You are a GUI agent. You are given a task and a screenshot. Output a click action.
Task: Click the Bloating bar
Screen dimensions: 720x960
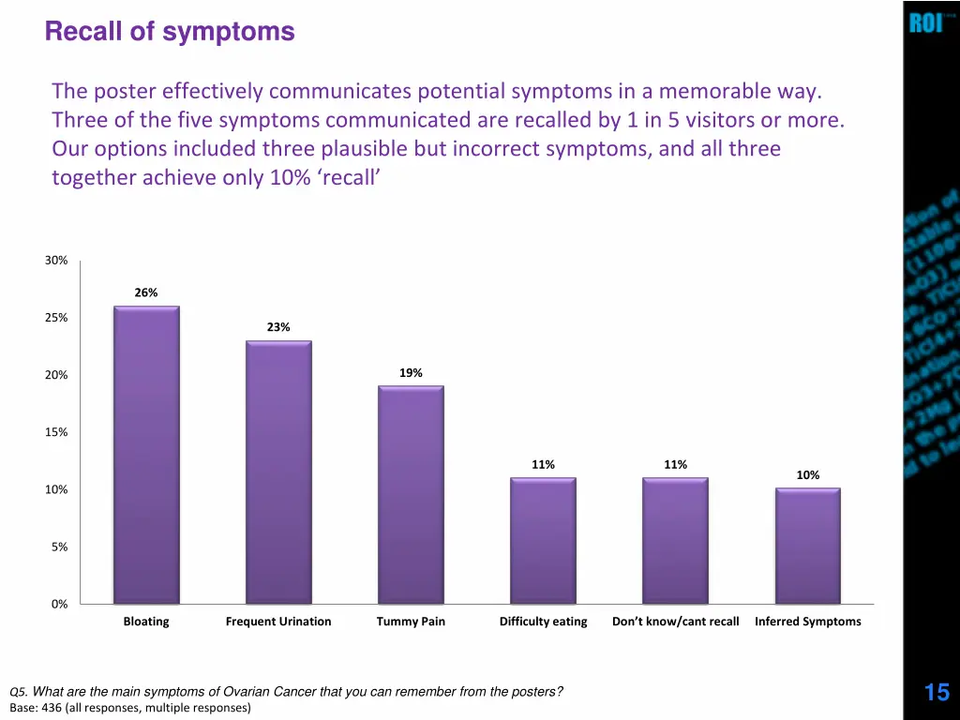tap(146, 455)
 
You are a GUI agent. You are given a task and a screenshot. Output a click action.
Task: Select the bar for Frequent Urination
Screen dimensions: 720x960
tap(278, 472)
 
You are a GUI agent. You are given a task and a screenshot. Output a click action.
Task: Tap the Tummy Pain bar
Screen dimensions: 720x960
tap(411, 494)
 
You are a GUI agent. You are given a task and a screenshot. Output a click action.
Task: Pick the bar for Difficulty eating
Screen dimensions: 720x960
tap(543, 540)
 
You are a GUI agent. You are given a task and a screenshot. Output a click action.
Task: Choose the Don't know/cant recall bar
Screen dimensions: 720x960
tap(675, 540)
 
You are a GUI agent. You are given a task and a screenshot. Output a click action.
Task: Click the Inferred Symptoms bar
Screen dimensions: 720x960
tap(807, 546)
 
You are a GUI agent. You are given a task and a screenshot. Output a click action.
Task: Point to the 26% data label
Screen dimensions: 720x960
tap(146, 292)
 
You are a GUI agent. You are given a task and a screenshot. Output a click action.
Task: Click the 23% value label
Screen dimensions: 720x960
tap(278, 327)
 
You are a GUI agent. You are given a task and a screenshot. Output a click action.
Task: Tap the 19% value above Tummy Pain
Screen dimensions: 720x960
tap(411, 373)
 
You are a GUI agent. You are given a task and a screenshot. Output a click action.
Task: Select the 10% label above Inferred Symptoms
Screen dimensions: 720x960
tap(807, 475)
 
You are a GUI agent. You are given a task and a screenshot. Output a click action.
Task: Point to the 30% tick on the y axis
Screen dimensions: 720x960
tap(56, 261)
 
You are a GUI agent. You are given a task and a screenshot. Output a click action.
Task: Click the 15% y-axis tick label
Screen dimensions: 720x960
tap(56, 432)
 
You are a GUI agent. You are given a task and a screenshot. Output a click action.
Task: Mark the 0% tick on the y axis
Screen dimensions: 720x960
tap(59, 604)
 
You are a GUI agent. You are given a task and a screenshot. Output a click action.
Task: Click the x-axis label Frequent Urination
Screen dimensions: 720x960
tap(278, 622)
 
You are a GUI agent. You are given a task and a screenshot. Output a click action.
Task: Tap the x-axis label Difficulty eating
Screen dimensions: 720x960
tap(543, 622)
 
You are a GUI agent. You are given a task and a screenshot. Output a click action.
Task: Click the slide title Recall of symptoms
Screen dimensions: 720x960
tap(170, 32)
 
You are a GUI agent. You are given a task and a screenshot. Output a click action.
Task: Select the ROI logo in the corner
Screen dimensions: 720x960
tap(925, 22)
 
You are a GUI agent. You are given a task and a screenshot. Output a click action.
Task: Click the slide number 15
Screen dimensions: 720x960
tap(937, 693)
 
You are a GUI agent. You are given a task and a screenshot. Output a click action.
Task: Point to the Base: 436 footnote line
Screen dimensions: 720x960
tap(130, 708)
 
